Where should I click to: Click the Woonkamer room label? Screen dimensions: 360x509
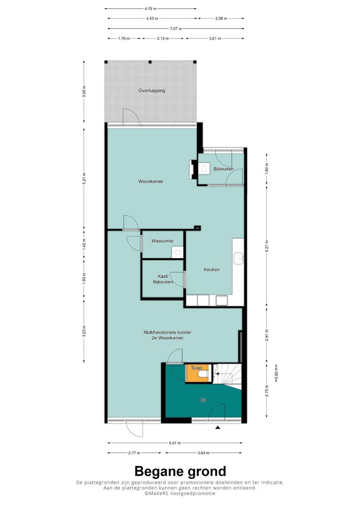click(150, 181)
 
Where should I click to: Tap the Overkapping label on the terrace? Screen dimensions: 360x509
click(151, 90)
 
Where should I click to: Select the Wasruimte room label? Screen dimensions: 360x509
click(162, 241)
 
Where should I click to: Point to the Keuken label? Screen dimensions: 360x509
click(211, 269)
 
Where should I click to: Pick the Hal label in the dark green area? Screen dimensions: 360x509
click(203, 400)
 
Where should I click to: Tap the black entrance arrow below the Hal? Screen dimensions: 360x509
click(218, 427)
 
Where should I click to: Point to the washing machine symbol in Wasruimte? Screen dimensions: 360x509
click(178, 252)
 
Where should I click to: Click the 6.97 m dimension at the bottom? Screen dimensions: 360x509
click(175, 443)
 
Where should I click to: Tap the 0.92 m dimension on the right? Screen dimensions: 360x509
click(276, 373)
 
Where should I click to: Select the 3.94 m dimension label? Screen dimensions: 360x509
click(203, 453)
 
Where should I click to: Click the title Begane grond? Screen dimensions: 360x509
click(180, 471)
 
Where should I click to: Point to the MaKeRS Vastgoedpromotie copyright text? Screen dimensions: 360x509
click(180, 493)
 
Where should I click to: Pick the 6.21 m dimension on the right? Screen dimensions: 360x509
click(267, 246)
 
